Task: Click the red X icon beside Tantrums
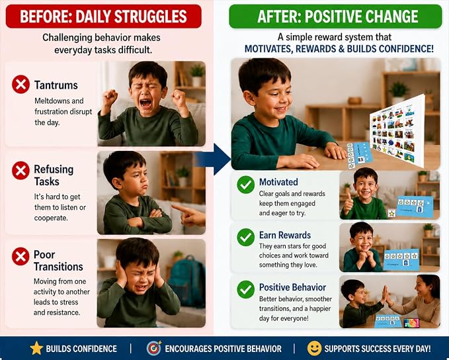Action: click(x=20, y=84)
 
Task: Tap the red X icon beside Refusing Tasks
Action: click(x=20, y=171)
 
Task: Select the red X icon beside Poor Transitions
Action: click(x=20, y=256)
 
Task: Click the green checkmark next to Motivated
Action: click(x=246, y=185)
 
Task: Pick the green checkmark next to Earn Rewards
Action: click(x=246, y=237)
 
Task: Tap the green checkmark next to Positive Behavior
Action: click(x=246, y=289)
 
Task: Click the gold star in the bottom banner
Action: click(x=36, y=348)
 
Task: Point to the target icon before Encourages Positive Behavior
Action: click(x=154, y=348)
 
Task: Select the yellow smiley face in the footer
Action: click(x=314, y=348)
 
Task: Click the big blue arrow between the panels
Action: click(x=215, y=159)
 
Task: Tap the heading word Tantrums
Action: click(x=56, y=85)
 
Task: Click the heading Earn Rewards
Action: click(x=285, y=235)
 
